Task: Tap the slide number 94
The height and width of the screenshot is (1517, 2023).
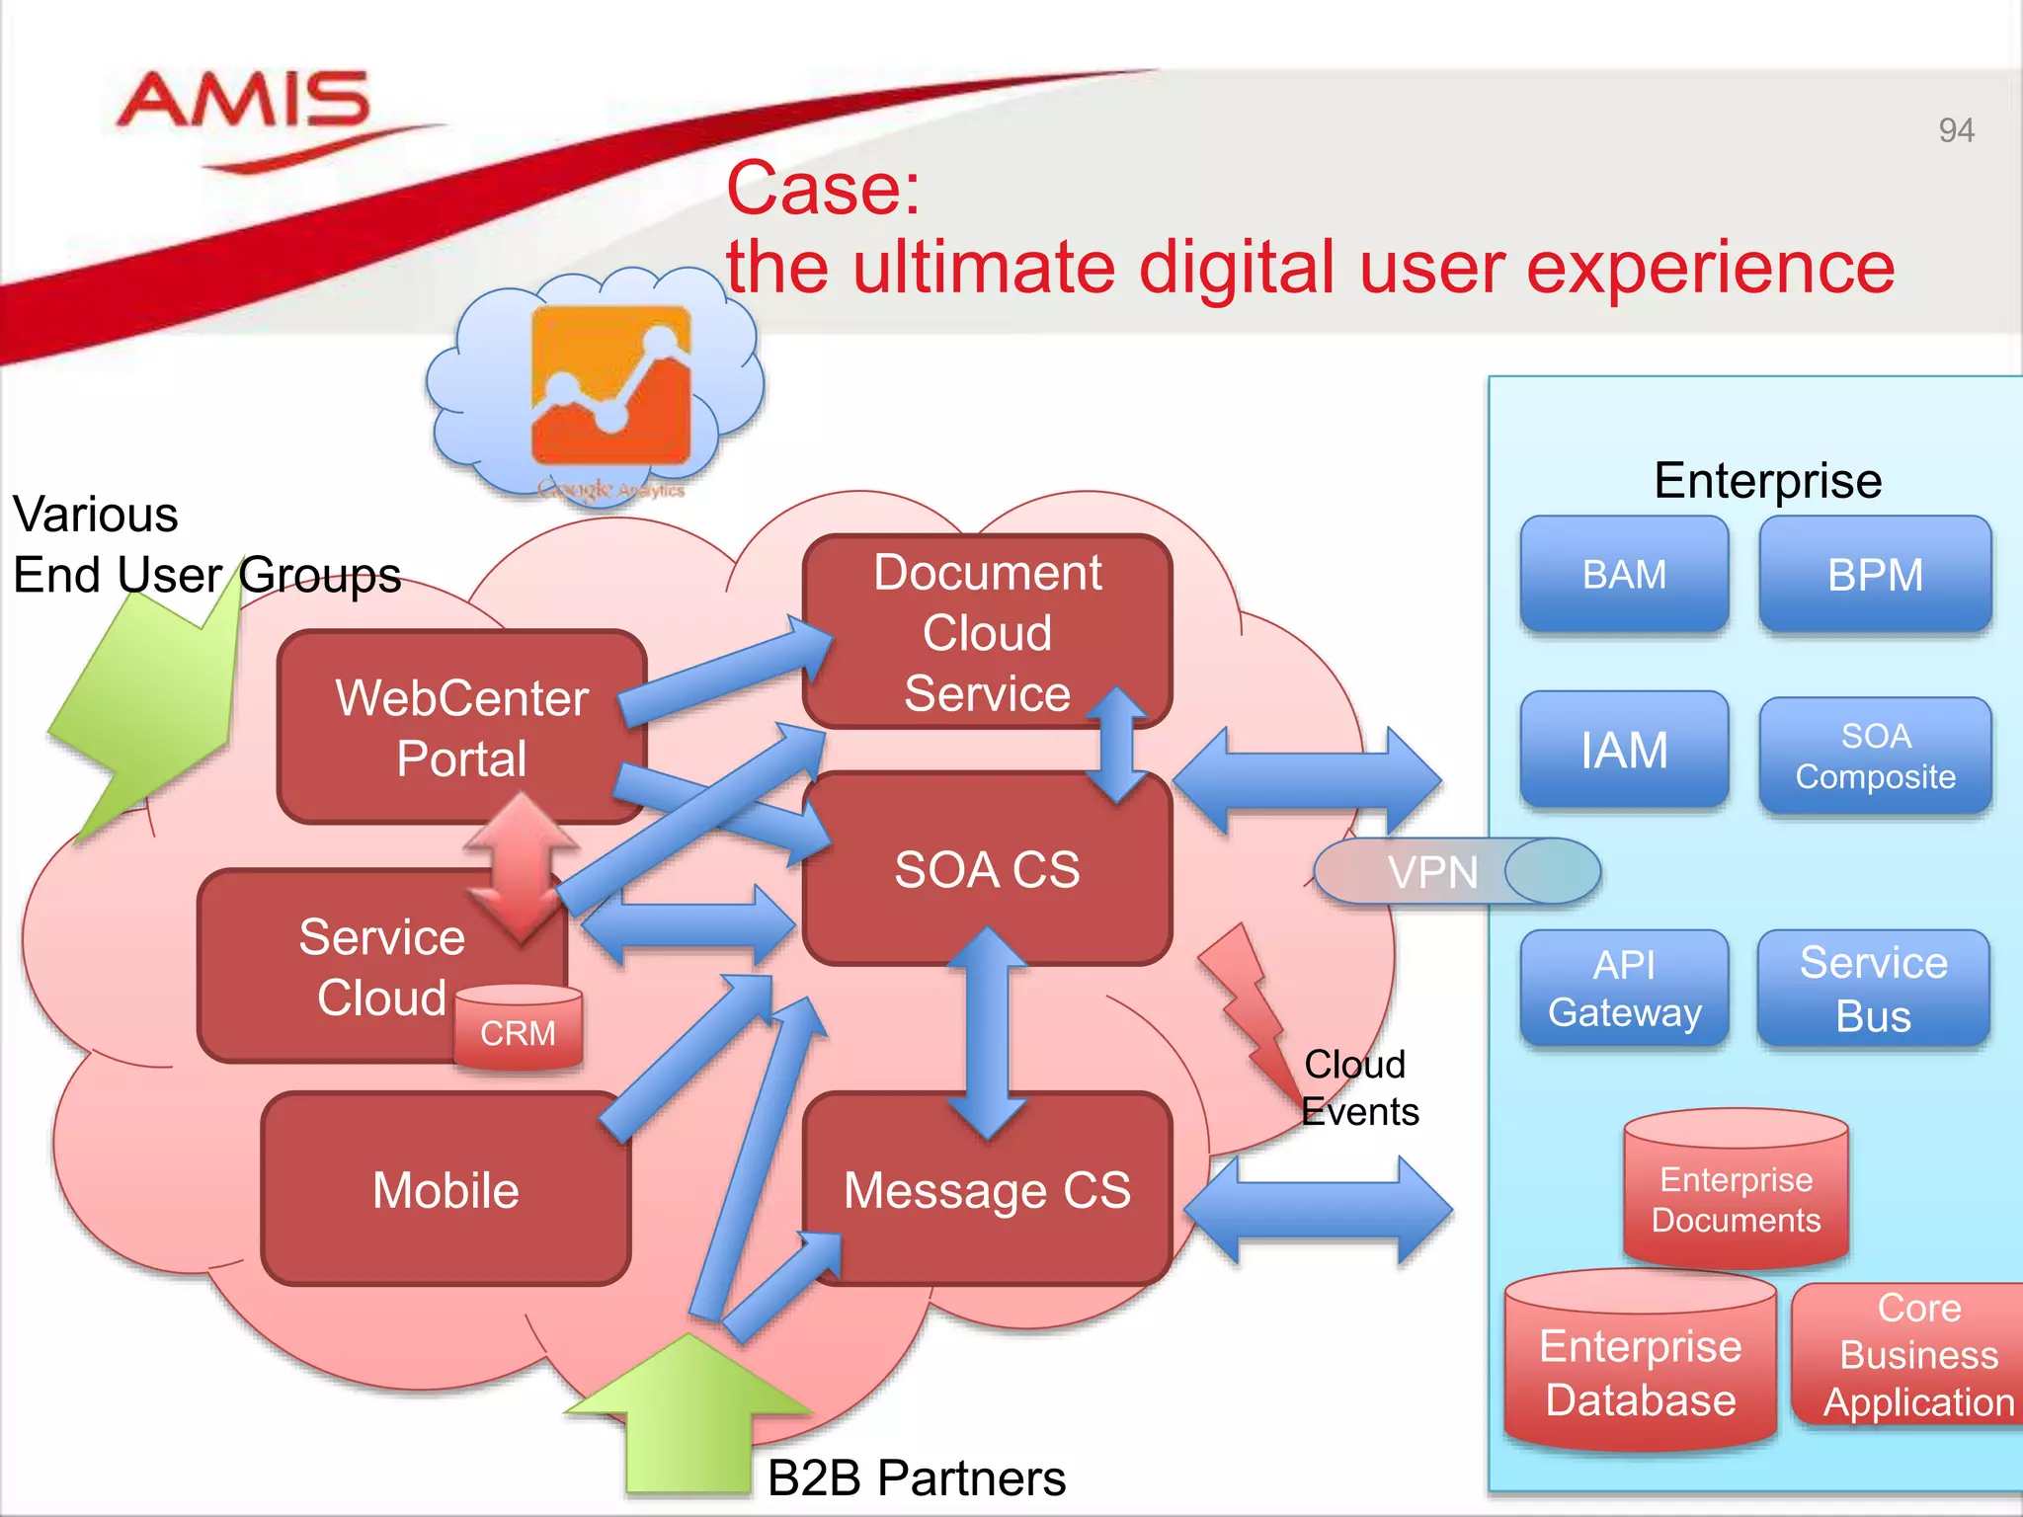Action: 1955,130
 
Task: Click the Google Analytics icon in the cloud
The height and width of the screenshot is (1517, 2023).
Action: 610,384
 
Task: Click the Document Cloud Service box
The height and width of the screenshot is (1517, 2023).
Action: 987,632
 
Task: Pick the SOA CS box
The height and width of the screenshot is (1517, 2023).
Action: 987,869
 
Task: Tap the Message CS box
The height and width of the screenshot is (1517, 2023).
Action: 987,1190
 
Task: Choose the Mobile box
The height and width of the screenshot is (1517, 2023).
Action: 445,1189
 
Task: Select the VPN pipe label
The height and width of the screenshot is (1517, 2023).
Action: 1432,872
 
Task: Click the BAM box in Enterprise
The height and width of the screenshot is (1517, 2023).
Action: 1624,575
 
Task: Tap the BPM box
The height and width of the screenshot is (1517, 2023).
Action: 1874,575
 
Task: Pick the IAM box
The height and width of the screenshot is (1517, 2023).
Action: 1624,750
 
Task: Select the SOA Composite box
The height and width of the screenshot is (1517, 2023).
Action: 1874,756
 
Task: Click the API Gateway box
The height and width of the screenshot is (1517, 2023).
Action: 1624,988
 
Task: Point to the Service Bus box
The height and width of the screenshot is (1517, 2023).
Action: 1873,988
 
